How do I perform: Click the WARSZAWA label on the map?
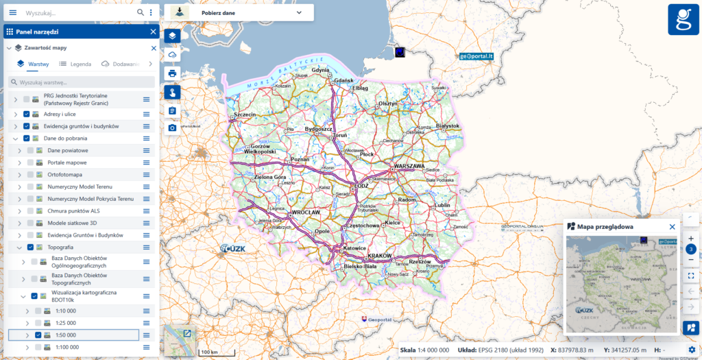(x=410, y=167)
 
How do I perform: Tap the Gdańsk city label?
(x=343, y=81)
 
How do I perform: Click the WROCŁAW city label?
(x=306, y=213)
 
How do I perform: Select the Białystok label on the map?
(x=446, y=126)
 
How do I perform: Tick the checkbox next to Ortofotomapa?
(x=30, y=174)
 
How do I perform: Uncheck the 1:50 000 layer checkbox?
(x=38, y=335)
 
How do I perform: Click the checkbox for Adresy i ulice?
(x=26, y=114)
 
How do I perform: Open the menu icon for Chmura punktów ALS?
(x=146, y=211)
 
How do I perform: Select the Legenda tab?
(x=75, y=64)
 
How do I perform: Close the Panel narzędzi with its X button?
(x=153, y=32)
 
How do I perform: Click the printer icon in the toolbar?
(x=172, y=73)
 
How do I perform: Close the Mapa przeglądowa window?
(x=672, y=226)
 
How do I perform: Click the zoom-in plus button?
(x=691, y=238)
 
